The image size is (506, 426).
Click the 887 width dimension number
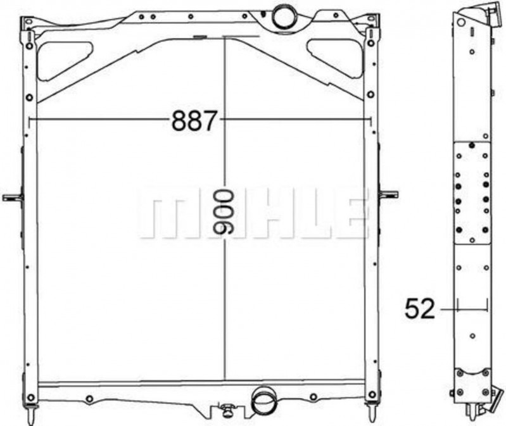pyautogui.click(x=193, y=120)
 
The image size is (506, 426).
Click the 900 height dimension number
pyautogui.click(x=224, y=212)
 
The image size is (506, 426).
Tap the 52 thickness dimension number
pyautogui.click(x=420, y=309)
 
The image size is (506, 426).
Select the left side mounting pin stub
pyautogui.click(x=13, y=197)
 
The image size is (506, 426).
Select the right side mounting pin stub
pyautogui.click(x=388, y=194)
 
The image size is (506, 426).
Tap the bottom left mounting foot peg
pyautogui.click(x=32, y=414)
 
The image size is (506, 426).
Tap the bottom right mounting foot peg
pyautogui.click(x=370, y=414)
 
